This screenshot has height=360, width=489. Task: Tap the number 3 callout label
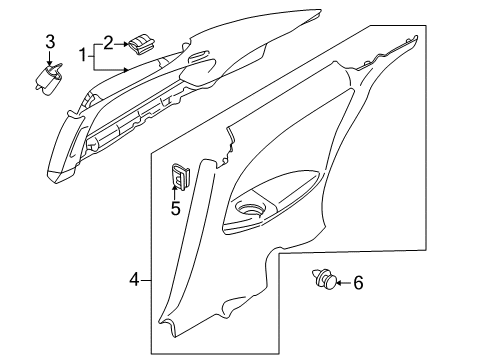click(x=49, y=41)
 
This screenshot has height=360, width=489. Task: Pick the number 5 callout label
click(x=175, y=208)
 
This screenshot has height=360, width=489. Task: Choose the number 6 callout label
click(x=358, y=283)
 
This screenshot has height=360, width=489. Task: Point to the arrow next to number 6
click(x=342, y=283)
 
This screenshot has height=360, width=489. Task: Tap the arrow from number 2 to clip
click(x=122, y=42)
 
